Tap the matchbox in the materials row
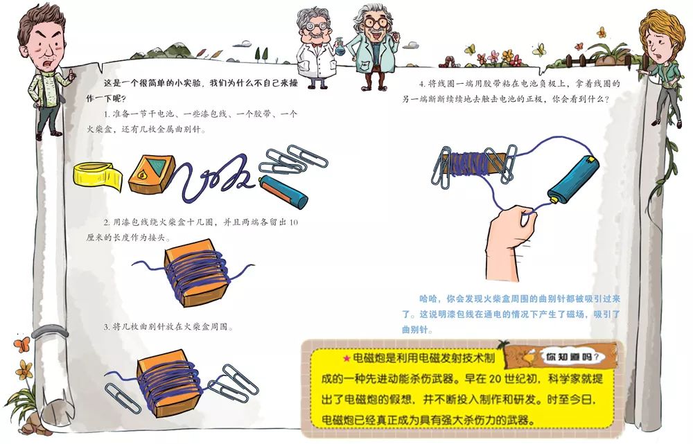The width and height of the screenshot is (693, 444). [148, 172]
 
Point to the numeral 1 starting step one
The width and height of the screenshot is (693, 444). [106, 114]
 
